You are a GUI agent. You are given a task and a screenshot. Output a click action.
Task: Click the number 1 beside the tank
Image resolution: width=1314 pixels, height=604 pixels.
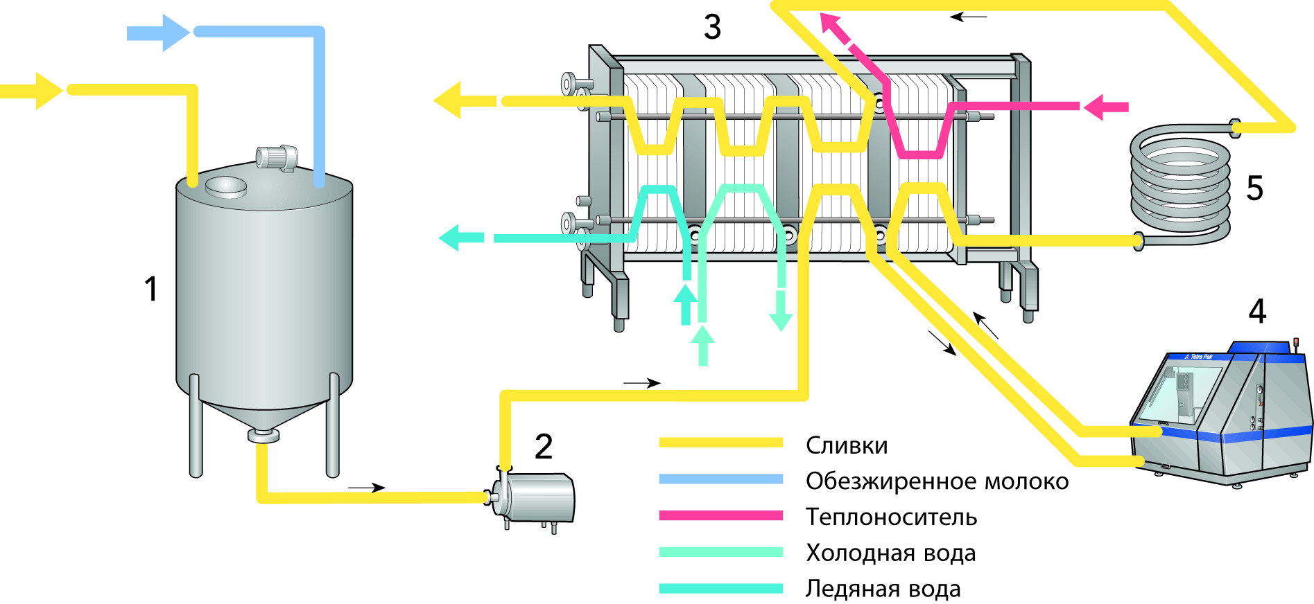(x=150, y=289)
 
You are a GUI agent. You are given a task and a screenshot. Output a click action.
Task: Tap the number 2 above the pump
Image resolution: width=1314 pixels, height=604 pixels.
(x=544, y=447)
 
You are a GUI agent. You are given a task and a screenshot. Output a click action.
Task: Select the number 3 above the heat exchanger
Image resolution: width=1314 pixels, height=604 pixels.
(x=712, y=27)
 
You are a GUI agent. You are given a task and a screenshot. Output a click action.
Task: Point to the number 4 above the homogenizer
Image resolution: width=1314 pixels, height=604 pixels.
(x=1257, y=312)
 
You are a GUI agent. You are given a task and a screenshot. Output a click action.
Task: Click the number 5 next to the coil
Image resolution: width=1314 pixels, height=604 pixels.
(x=1255, y=188)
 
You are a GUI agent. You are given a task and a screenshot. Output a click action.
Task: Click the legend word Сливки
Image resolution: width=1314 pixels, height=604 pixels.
(x=847, y=445)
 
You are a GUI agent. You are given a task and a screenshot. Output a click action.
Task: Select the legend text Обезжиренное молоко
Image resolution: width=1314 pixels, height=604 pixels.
(x=937, y=481)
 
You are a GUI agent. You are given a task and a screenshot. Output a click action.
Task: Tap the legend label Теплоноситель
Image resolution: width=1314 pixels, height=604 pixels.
(x=891, y=517)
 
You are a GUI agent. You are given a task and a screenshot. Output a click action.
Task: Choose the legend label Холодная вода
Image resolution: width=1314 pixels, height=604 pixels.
(x=890, y=553)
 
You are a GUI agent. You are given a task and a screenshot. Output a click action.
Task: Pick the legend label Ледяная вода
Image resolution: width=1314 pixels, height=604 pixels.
(x=883, y=589)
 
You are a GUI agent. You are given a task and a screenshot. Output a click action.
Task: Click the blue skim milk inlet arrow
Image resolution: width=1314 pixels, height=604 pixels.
(x=158, y=33)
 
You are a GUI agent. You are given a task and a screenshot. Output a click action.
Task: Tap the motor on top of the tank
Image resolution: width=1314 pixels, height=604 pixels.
(x=277, y=157)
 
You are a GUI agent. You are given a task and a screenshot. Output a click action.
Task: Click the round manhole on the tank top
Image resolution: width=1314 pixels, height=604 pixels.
(x=225, y=186)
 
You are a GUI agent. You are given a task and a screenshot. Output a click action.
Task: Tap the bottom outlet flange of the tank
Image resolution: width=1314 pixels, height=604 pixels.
(x=263, y=436)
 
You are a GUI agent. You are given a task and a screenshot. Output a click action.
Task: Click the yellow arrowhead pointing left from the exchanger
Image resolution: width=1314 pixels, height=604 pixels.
(x=449, y=101)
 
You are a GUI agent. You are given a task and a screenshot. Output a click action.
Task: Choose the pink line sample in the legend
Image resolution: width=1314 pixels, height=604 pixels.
(x=720, y=515)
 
